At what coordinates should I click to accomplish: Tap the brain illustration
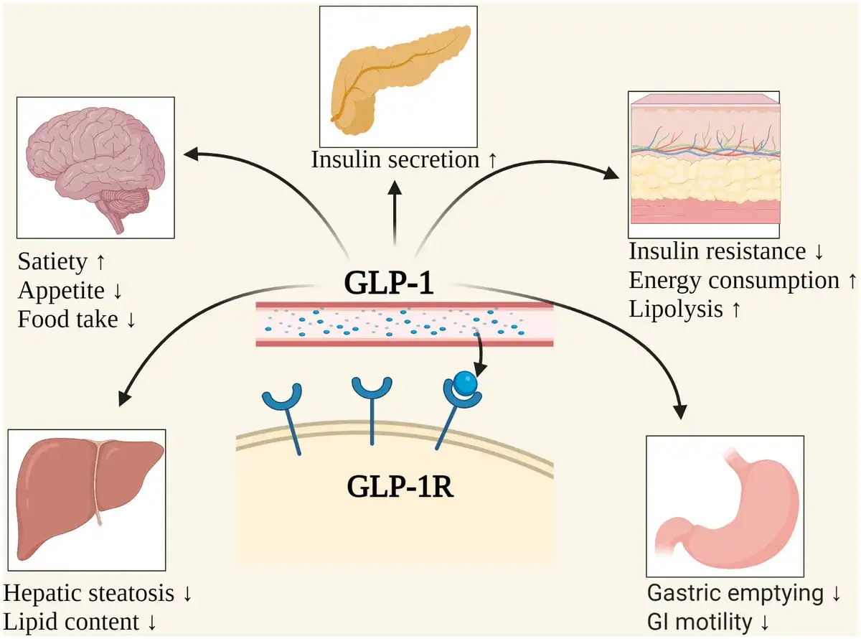(x=96, y=168)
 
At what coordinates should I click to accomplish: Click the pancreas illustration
(x=395, y=76)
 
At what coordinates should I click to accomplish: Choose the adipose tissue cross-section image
(x=704, y=164)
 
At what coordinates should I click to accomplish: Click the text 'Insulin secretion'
(x=395, y=159)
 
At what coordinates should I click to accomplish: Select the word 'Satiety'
(x=52, y=262)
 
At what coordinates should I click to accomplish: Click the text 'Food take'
(x=68, y=319)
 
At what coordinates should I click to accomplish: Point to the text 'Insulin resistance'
(x=717, y=252)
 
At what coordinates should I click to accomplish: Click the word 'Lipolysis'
(x=677, y=309)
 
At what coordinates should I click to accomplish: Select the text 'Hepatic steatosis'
(x=89, y=594)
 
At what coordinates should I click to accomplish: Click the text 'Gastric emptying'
(x=735, y=594)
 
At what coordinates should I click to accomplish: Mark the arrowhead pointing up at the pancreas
(x=394, y=186)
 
